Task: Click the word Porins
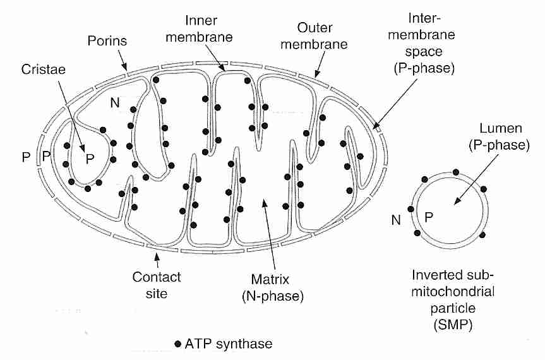coord(106,42)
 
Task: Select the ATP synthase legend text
coord(229,344)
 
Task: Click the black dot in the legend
coord(178,344)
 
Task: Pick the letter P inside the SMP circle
coord(428,217)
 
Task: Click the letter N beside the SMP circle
coord(396,220)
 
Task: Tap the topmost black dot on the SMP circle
coord(455,172)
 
